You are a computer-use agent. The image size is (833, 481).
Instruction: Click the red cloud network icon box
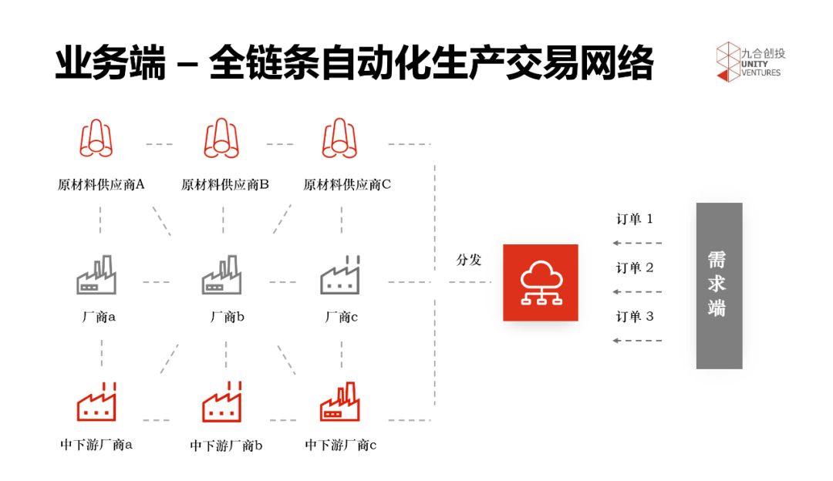point(540,282)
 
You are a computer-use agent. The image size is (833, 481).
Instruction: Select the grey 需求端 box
point(719,285)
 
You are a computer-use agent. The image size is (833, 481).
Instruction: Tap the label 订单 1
point(634,219)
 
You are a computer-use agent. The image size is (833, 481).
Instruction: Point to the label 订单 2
point(634,268)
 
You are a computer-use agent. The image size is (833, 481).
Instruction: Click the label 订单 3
point(634,316)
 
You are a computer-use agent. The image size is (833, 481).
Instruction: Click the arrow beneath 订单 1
point(636,243)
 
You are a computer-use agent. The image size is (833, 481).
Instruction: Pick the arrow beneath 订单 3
point(636,340)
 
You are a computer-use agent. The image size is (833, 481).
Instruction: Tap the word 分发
point(469,260)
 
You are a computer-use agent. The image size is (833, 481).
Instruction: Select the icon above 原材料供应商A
point(96,139)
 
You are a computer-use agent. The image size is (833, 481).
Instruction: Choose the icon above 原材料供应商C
point(339,139)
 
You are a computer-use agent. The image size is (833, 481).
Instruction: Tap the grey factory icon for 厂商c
point(340,275)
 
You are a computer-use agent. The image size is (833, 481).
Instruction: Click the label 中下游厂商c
point(340,445)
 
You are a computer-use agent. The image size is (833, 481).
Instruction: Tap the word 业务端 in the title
point(110,63)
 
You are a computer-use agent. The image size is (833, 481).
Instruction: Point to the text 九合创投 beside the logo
point(762,54)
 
